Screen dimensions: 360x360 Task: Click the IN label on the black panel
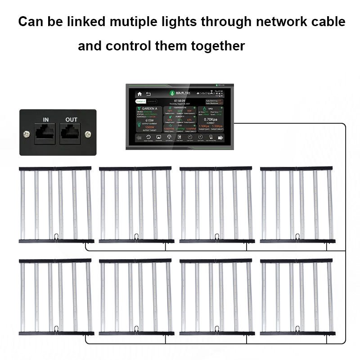pyautogui.click(x=45, y=119)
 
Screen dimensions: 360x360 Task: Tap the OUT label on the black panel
pyautogui.click(x=71, y=119)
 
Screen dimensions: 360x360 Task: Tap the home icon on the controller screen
pyautogui.click(x=139, y=94)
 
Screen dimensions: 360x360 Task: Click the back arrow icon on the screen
pyautogui.click(x=147, y=94)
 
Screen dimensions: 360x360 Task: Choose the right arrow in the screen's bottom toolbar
pyautogui.click(x=220, y=139)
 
